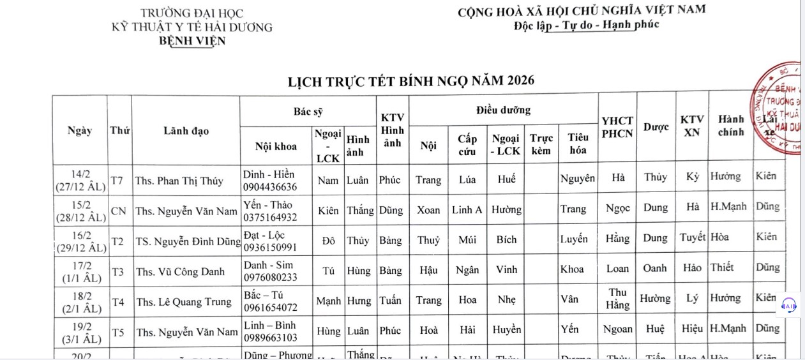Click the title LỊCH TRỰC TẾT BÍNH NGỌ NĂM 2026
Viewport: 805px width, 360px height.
[411, 81]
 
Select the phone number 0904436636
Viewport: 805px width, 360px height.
[270, 187]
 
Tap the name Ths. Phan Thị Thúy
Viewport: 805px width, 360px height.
[179, 181]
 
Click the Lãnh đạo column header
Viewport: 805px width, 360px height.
[186, 131]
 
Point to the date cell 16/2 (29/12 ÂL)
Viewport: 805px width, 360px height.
[80, 241]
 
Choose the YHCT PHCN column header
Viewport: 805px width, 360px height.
[617, 127]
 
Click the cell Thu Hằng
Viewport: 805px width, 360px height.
[617, 299]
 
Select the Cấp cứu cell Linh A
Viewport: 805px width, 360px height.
[467, 209]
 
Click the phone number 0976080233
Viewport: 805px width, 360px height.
[270, 278]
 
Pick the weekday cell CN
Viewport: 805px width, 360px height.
[119, 211]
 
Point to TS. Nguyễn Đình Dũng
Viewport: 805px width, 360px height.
[188, 241]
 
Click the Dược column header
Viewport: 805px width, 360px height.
[656, 127]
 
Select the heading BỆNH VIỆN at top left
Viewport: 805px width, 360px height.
[192, 41]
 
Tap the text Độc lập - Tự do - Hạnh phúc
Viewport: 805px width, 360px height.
[586, 26]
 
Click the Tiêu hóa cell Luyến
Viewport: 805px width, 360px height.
[574, 239]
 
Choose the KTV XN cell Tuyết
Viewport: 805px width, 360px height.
[692, 237]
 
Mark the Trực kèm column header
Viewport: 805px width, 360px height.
[541, 144]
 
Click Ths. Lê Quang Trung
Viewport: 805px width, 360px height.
[184, 302]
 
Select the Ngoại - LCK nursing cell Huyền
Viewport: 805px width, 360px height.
[507, 330]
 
